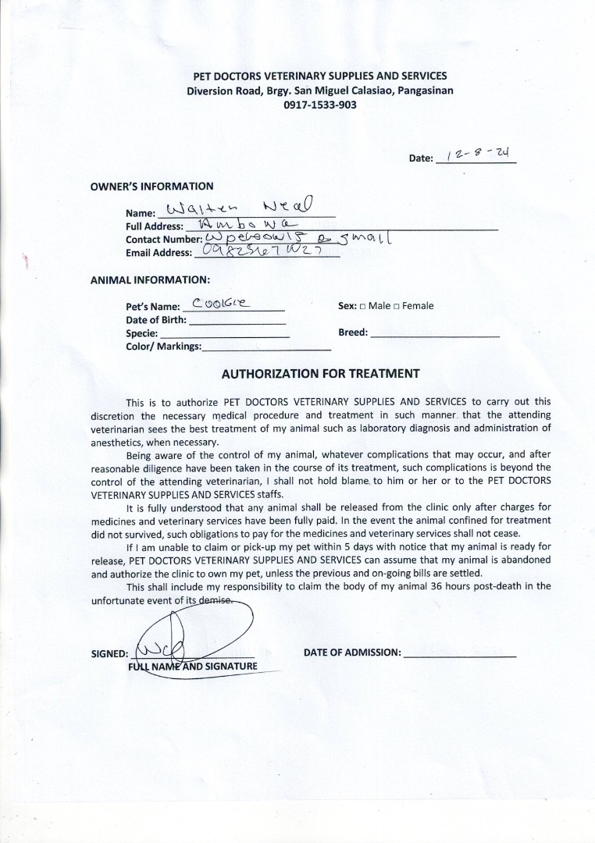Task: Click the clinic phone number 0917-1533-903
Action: coord(320,104)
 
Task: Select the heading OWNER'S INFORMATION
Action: coord(151,187)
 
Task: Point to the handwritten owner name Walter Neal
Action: coord(239,208)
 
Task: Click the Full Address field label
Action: coord(155,226)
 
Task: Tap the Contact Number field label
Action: coord(164,240)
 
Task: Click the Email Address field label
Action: coord(159,253)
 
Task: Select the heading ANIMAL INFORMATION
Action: coord(150,279)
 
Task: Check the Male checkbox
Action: coord(363,306)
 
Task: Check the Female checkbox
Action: coord(397,306)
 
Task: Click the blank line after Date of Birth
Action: coord(238,321)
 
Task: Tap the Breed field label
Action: coord(353,333)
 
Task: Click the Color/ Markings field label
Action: coord(163,346)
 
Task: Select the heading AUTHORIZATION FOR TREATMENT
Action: coord(321,374)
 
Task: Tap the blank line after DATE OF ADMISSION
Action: coord(459,653)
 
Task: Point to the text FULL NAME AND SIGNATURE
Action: coord(192,666)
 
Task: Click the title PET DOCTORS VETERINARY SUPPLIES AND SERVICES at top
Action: coord(320,76)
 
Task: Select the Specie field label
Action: coord(142,333)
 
